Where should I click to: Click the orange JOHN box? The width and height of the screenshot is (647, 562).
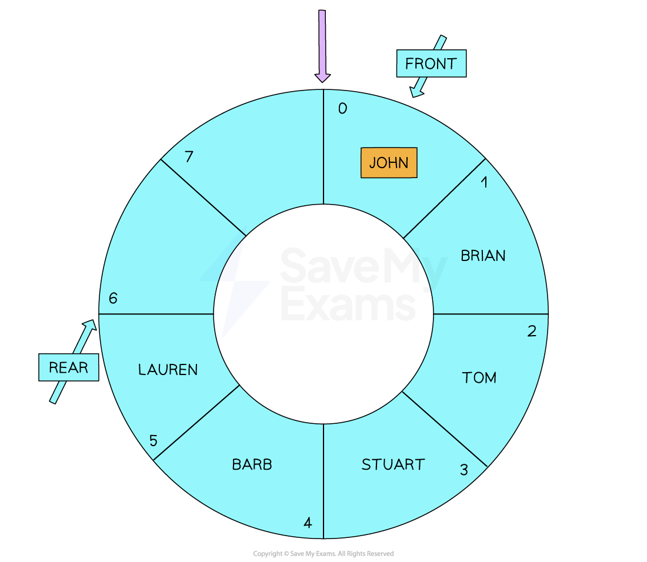[389, 162]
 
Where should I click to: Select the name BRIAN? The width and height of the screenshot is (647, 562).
[483, 256]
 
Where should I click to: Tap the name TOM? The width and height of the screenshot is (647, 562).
[479, 377]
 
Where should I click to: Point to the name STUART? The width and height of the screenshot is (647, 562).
[393, 464]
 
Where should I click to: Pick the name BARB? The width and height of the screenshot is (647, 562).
[252, 464]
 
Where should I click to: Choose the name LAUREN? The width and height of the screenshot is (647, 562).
[168, 370]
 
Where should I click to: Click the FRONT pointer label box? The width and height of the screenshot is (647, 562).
[431, 63]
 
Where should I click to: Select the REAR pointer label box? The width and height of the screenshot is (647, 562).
[68, 367]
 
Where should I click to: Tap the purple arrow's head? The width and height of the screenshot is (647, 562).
[322, 78]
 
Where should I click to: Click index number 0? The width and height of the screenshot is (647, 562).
[342, 108]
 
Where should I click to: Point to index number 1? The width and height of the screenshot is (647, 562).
[485, 182]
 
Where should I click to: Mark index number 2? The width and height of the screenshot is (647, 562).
[532, 331]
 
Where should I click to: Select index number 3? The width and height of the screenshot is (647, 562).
[464, 470]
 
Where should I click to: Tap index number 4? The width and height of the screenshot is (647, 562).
[308, 523]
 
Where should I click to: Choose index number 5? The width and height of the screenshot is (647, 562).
[153, 441]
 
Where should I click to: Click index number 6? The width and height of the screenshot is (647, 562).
[113, 298]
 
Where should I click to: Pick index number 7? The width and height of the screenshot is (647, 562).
[189, 157]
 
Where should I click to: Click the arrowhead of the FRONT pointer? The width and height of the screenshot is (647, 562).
[416, 92]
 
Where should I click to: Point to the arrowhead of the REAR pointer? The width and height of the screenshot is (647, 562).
[91, 325]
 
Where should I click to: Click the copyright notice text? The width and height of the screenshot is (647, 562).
[323, 553]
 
